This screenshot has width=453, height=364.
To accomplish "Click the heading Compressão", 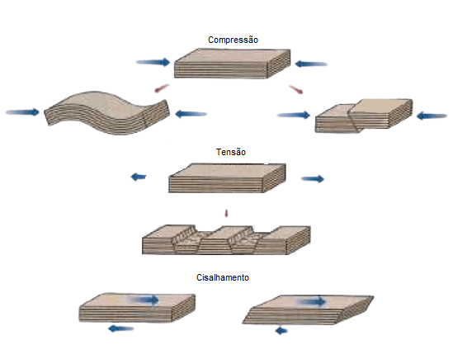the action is click(x=233, y=40).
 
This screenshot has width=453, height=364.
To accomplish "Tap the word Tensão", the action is click(x=231, y=152).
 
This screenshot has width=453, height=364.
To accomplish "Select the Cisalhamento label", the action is click(x=223, y=277).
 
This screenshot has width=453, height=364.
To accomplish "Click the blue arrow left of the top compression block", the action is click(x=153, y=62).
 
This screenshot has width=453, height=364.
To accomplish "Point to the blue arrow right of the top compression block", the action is click(x=311, y=64).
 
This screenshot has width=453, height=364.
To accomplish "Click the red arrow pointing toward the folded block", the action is click(x=162, y=88).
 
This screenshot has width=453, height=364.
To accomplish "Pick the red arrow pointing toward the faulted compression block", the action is click(x=296, y=89).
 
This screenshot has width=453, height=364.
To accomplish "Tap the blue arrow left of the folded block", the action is click(x=22, y=112).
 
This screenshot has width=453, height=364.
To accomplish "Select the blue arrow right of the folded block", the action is click(x=191, y=114).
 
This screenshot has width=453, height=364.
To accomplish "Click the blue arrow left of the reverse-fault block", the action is click(x=294, y=115).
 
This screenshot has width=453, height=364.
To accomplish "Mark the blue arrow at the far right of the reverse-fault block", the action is click(x=432, y=116).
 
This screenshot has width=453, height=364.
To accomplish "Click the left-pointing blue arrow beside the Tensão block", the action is click(x=139, y=177).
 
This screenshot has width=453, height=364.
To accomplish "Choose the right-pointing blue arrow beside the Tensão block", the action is click(x=313, y=179).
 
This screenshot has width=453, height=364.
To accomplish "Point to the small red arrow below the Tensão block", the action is click(x=226, y=213).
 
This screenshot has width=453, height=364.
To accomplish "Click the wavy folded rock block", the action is click(x=107, y=112).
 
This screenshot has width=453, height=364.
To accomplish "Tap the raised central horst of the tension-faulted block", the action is click(x=227, y=239).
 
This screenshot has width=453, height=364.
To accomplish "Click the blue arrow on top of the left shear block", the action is click(x=144, y=300).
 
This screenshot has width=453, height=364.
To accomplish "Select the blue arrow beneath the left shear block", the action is click(x=121, y=329).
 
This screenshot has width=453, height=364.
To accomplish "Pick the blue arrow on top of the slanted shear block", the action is click(x=311, y=302).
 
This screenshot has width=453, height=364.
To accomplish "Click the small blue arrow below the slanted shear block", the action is click(x=281, y=330).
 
